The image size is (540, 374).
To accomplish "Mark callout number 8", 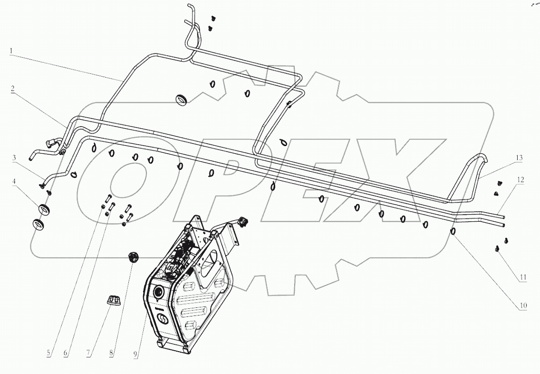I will click(x=112, y=354).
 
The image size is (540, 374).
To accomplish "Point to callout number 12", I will click(x=521, y=180).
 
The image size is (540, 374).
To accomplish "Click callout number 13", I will click(x=520, y=157).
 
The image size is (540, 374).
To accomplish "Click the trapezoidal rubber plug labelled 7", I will click(x=113, y=300).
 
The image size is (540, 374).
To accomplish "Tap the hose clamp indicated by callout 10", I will click(x=453, y=232).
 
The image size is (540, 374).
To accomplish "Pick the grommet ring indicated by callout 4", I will click(x=43, y=209).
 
